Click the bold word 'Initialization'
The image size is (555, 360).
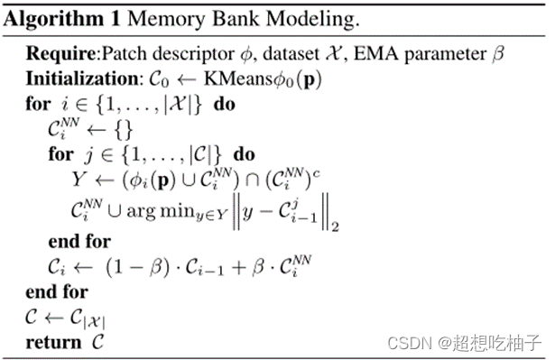[x=77, y=79]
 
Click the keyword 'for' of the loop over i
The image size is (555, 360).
[x=38, y=104]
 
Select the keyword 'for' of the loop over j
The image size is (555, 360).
[x=60, y=154]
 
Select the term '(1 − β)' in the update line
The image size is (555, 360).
[x=135, y=267]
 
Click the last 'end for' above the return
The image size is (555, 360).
[x=56, y=291]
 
